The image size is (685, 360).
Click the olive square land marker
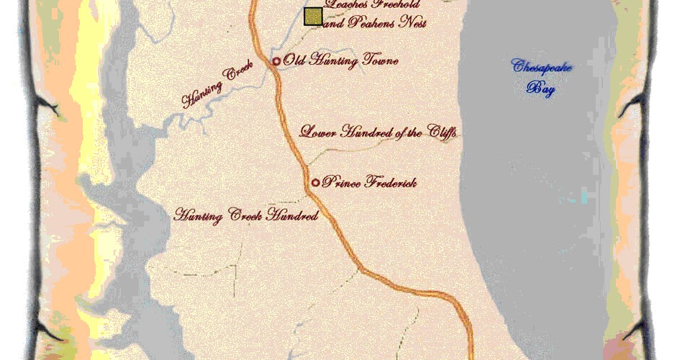click(x=313, y=17)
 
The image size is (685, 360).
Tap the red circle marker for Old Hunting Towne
click(x=276, y=62)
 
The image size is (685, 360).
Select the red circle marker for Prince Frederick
click(x=315, y=182)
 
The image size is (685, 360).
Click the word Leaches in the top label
click(x=347, y=6)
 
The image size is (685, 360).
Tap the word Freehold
click(x=400, y=6)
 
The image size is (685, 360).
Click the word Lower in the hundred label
click(x=317, y=132)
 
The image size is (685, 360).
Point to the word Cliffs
click(x=443, y=132)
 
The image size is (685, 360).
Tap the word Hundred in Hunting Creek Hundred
click(x=291, y=215)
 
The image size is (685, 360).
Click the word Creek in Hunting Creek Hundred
click(x=246, y=215)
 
